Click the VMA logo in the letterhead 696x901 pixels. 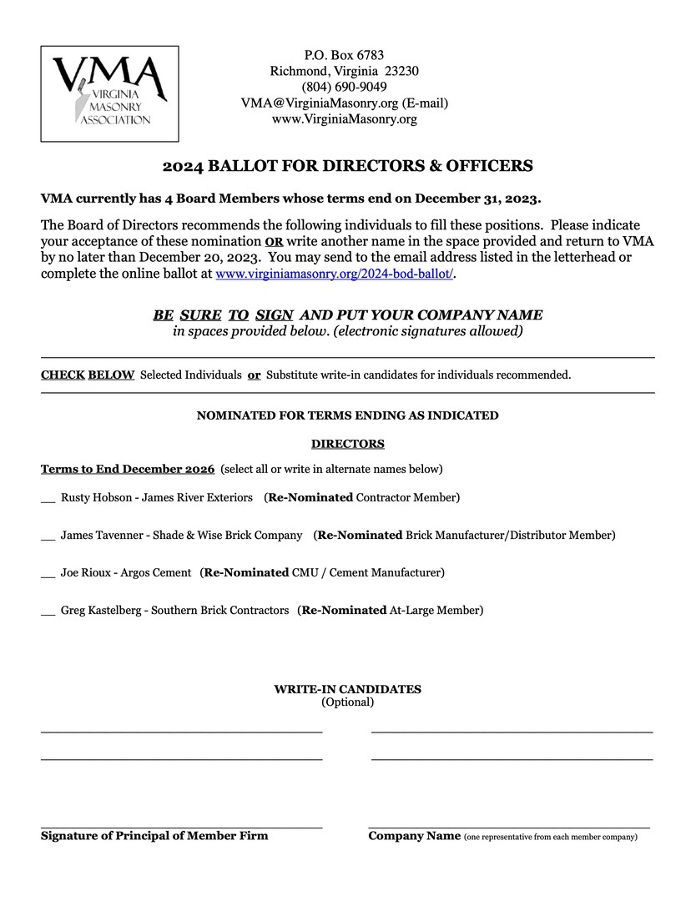click(109, 93)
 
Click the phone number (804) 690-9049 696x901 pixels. click(344, 87)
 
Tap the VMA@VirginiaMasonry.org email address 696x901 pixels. click(344, 103)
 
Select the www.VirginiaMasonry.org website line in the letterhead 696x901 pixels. click(344, 119)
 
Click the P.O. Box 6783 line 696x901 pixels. click(344, 55)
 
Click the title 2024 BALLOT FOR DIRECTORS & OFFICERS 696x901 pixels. click(347, 166)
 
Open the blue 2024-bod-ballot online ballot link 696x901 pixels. click(334, 274)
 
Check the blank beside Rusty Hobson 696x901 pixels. click(48, 498)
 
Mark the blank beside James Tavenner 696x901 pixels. click(48, 536)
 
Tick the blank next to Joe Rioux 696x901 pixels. click(48, 573)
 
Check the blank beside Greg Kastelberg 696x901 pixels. click(48, 611)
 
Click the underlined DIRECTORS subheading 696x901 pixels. click(347, 444)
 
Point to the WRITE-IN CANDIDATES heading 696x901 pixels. click(347, 689)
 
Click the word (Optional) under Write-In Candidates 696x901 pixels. click(347, 702)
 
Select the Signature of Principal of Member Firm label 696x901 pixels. click(154, 836)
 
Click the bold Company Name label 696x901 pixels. click(414, 836)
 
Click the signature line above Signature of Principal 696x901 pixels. click(181, 827)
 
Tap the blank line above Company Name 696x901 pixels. click(509, 827)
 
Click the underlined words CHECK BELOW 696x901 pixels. click(88, 375)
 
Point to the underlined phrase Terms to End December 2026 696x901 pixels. click(128, 469)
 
